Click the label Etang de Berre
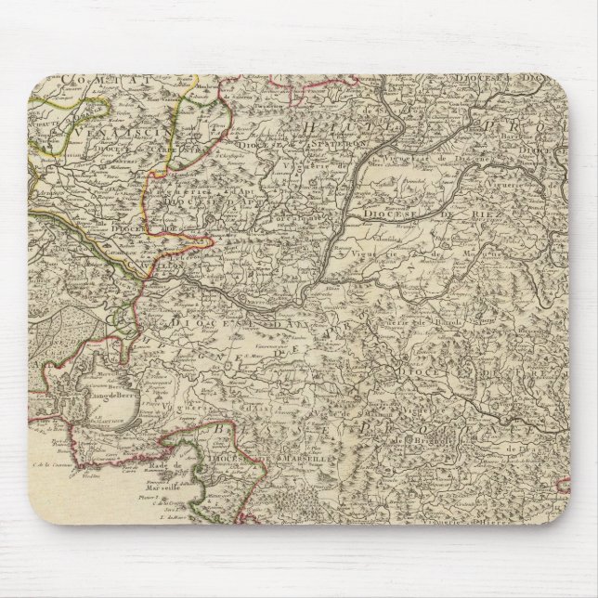pyautogui.click(x=100, y=399)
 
